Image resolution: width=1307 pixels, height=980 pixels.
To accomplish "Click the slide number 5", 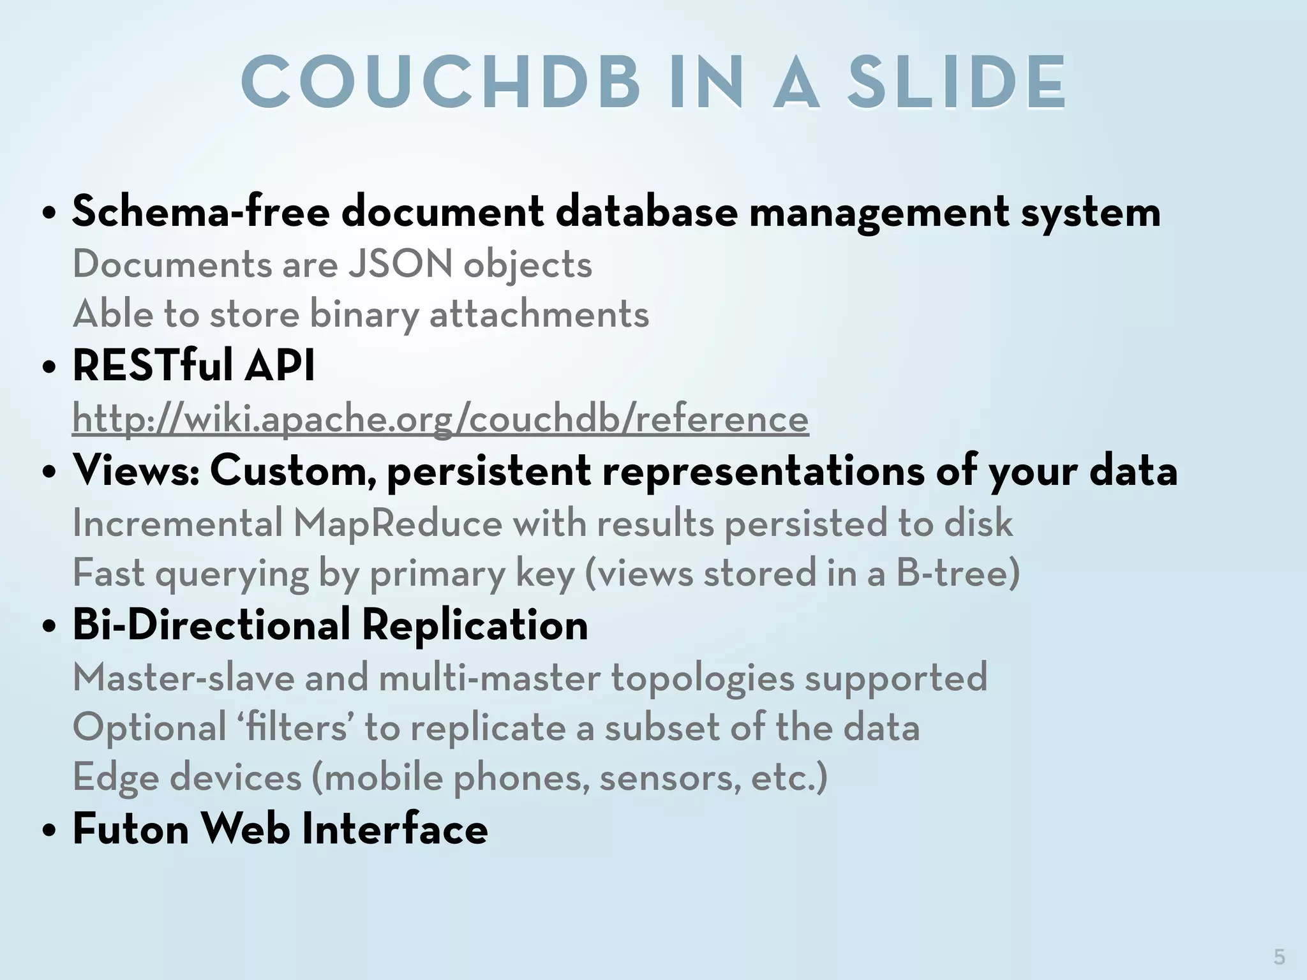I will click(x=1279, y=956).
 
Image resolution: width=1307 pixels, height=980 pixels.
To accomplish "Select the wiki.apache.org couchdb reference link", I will click(x=440, y=419).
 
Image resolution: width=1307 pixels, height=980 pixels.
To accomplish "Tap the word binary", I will click(x=364, y=315).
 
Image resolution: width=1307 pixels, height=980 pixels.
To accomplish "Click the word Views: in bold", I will click(x=136, y=470).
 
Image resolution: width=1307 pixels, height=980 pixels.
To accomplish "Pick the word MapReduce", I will click(x=398, y=523).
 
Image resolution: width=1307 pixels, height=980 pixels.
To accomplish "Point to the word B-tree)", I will click(x=957, y=572).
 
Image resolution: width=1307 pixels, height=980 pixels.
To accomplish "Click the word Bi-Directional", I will click(x=211, y=625).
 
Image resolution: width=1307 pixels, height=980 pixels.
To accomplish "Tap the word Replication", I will click(x=475, y=625).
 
